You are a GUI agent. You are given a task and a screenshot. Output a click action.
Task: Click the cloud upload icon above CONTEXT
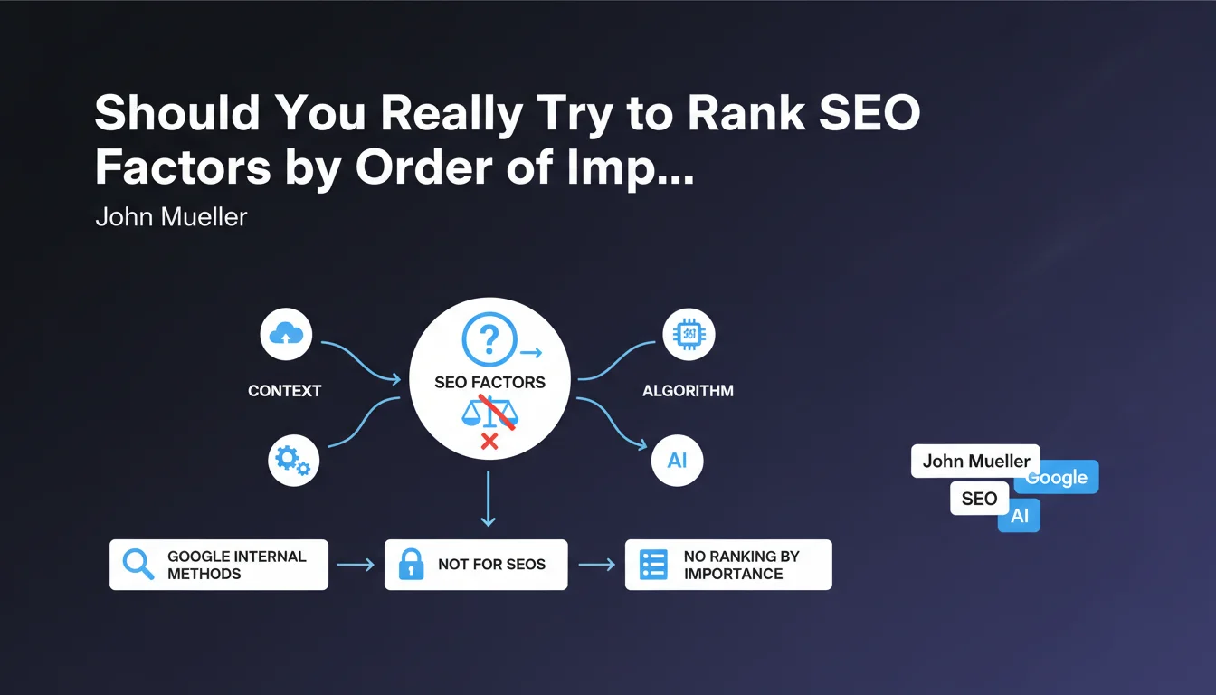pyautogui.click(x=286, y=334)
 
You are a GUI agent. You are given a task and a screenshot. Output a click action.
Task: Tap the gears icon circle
pyautogui.click(x=293, y=461)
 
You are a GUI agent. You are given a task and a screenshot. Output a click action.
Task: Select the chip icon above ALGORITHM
pyautogui.click(x=689, y=334)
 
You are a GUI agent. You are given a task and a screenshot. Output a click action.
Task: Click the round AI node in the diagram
pyautogui.click(x=677, y=461)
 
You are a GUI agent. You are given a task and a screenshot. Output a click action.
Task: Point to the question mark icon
pyautogui.click(x=489, y=339)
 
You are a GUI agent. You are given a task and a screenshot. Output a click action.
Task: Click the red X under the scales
pyautogui.click(x=489, y=442)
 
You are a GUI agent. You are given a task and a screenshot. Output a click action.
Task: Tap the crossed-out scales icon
pyautogui.click(x=490, y=413)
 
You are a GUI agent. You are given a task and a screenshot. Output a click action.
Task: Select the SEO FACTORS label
pyautogui.click(x=489, y=382)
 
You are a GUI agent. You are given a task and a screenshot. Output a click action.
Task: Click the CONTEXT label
pyautogui.click(x=284, y=391)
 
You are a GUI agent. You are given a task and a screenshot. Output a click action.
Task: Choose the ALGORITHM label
pyautogui.click(x=688, y=391)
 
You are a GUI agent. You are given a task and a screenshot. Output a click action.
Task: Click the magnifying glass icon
pyautogui.click(x=138, y=564)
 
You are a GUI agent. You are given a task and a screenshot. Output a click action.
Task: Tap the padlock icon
pyautogui.click(x=411, y=564)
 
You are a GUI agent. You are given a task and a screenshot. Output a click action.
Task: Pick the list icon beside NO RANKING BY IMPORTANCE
pyautogui.click(x=653, y=565)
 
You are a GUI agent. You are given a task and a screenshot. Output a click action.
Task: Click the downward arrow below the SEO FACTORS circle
pyautogui.click(x=488, y=499)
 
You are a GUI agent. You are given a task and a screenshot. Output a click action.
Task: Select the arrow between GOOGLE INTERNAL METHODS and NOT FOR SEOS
pyautogui.click(x=356, y=565)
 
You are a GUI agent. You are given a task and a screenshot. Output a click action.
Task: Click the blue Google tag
pyautogui.click(x=1057, y=477)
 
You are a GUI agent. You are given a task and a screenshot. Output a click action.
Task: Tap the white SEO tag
pyautogui.click(x=979, y=499)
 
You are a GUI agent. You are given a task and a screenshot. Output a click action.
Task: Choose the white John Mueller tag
pyautogui.click(x=975, y=461)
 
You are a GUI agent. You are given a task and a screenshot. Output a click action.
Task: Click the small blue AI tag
pyautogui.click(x=1019, y=515)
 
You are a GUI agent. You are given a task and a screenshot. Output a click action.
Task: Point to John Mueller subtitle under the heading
pyautogui.click(x=172, y=217)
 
